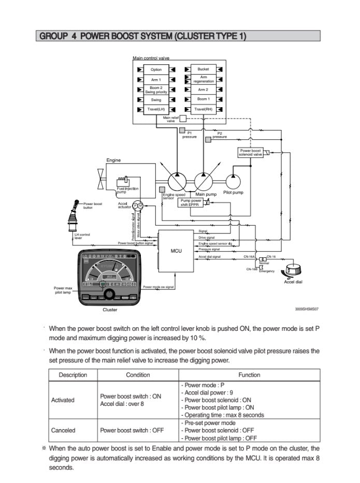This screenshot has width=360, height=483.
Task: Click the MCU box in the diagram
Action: [176, 251]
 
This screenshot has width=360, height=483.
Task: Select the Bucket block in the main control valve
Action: [203, 69]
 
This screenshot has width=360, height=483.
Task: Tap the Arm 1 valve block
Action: [156, 80]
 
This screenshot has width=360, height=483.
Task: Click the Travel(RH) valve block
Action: [203, 109]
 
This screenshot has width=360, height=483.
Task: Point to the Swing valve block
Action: [156, 99]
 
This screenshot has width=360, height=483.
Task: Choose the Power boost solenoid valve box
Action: [251, 153]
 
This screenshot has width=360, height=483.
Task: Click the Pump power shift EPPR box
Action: [191, 202]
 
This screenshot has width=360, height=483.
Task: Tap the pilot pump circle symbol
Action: [233, 182]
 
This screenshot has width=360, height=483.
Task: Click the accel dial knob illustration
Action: [291, 271]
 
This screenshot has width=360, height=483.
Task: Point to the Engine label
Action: [113, 160]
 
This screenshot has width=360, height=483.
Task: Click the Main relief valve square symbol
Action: [182, 118]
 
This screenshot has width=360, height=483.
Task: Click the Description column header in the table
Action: [73, 375]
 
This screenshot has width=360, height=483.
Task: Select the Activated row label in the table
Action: [63, 400]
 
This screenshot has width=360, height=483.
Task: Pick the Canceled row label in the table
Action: [63, 430]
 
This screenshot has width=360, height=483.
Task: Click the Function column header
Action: [249, 375]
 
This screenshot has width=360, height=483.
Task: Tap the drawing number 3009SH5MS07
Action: [307, 309]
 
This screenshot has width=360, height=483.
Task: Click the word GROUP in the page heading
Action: [51, 36]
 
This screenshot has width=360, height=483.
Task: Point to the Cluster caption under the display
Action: [110, 310]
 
